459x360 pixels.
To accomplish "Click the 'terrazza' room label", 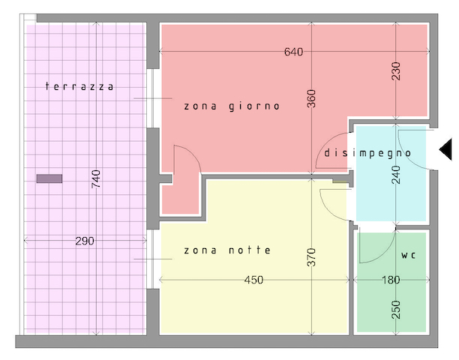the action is (79, 86).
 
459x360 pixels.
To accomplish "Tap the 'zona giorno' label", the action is (232, 106).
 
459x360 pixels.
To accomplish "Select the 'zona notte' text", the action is (227, 250).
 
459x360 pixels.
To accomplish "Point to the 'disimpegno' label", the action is (367, 153).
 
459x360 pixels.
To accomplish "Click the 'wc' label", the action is (408, 255).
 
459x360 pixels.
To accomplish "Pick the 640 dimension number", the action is (293, 52).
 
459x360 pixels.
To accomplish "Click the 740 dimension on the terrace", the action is (96, 178).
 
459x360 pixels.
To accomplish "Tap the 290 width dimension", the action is (85, 241).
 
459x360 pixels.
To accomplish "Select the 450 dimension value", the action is (253, 280).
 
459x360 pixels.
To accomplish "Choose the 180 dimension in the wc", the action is (391, 280).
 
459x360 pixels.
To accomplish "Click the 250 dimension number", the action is (395, 310).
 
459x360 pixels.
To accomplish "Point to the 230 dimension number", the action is (395, 70).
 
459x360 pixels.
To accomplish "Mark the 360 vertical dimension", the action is (312, 99).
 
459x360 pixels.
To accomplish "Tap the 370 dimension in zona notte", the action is (312, 257).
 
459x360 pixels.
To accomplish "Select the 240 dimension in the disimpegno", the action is (395, 175).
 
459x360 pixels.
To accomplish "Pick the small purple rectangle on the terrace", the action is (49, 178).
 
